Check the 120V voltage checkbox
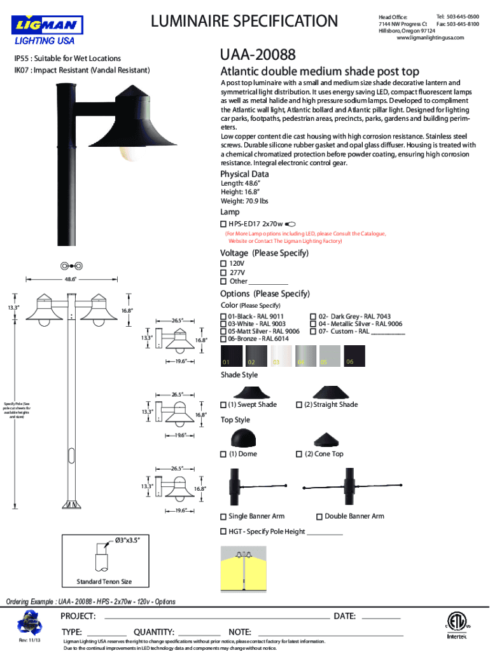pyautogui.click(x=223, y=263)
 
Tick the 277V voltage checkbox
pyautogui.click(x=223, y=272)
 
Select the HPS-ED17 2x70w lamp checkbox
pyautogui.click(x=223, y=224)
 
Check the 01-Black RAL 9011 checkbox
pyautogui.click(x=223, y=316)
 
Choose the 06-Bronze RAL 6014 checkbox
pyautogui.click(x=223, y=339)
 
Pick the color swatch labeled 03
pyautogui.click(x=280, y=356)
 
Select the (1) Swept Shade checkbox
pyautogui.click(x=223, y=405)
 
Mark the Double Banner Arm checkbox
pyautogui.click(x=319, y=516)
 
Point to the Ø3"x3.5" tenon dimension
pyautogui.click(x=123, y=540)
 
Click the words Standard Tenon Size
pyautogui.click(x=104, y=582)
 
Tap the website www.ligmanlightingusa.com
pyautogui.click(x=430, y=38)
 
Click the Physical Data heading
pyautogui.click(x=244, y=174)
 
